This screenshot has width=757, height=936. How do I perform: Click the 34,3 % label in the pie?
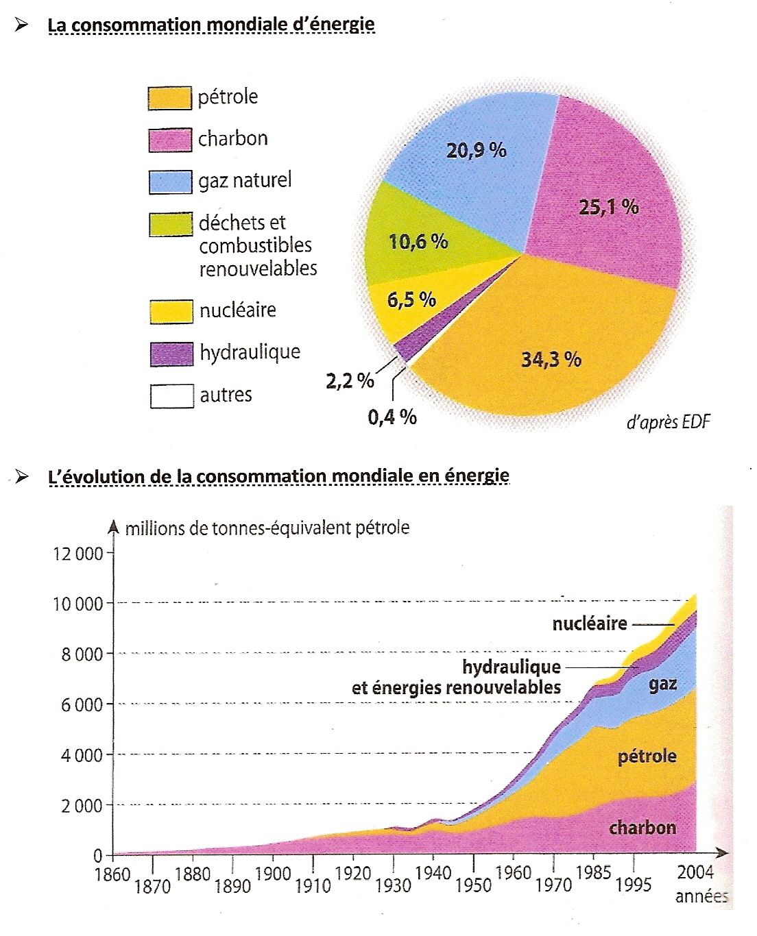coord(551,359)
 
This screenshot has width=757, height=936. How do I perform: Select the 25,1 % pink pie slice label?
coord(608,206)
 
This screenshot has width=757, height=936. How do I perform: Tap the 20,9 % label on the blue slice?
coord(476,150)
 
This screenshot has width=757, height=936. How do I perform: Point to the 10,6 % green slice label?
coord(418,241)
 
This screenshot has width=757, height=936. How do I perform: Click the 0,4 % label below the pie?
coord(392,417)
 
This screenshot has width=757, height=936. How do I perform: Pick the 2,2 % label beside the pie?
coord(350,381)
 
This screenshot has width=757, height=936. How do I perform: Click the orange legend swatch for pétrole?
coord(169,98)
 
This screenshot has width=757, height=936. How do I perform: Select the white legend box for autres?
coord(171,396)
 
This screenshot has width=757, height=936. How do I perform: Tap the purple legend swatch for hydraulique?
coord(171,354)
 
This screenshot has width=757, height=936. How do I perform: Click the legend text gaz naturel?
coord(245,181)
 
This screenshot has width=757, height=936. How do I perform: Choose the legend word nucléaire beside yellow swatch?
coord(237,310)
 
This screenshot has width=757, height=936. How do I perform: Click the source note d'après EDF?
coord(669,422)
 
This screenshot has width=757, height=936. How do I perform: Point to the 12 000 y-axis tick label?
coord(77,554)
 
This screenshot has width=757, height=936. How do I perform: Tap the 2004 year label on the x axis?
coord(695,873)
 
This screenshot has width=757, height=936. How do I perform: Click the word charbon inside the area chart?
coord(642,827)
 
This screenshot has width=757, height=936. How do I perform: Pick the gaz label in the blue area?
coord(663,684)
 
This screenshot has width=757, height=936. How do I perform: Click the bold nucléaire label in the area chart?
coord(590,624)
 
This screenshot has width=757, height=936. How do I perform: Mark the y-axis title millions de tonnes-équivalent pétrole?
coord(267,528)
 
